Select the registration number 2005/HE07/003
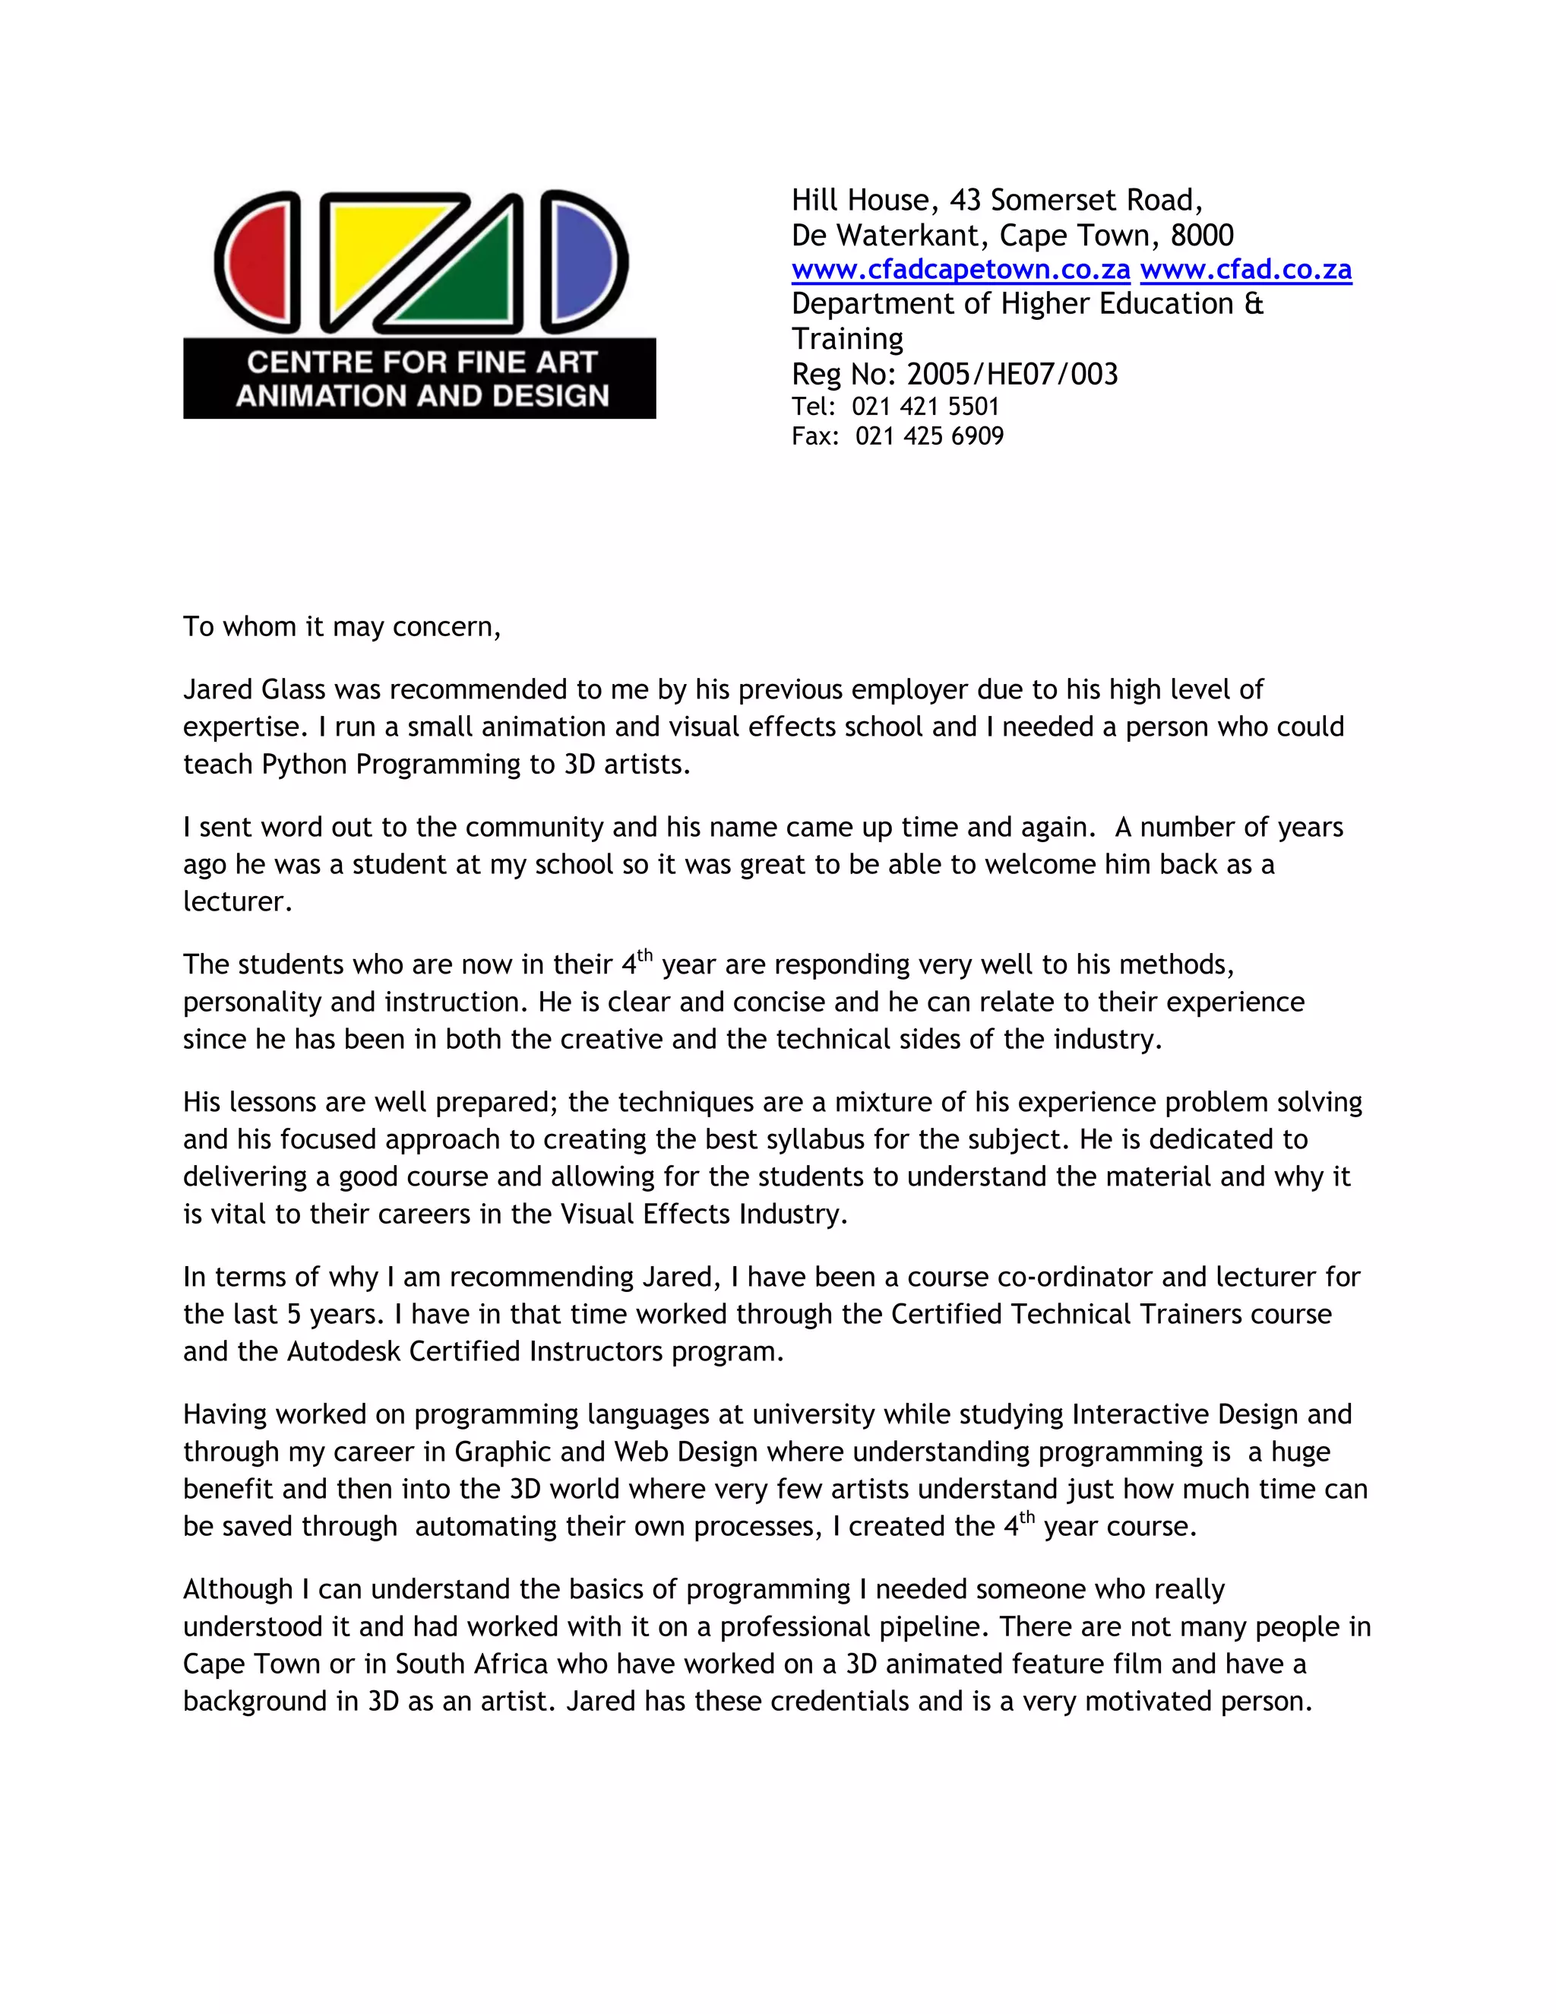tap(1012, 375)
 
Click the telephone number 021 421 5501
tap(925, 407)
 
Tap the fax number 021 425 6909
tap(929, 436)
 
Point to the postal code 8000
tap(1201, 235)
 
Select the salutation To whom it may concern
tap(341, 627)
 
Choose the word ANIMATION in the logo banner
tap(315, 396)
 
